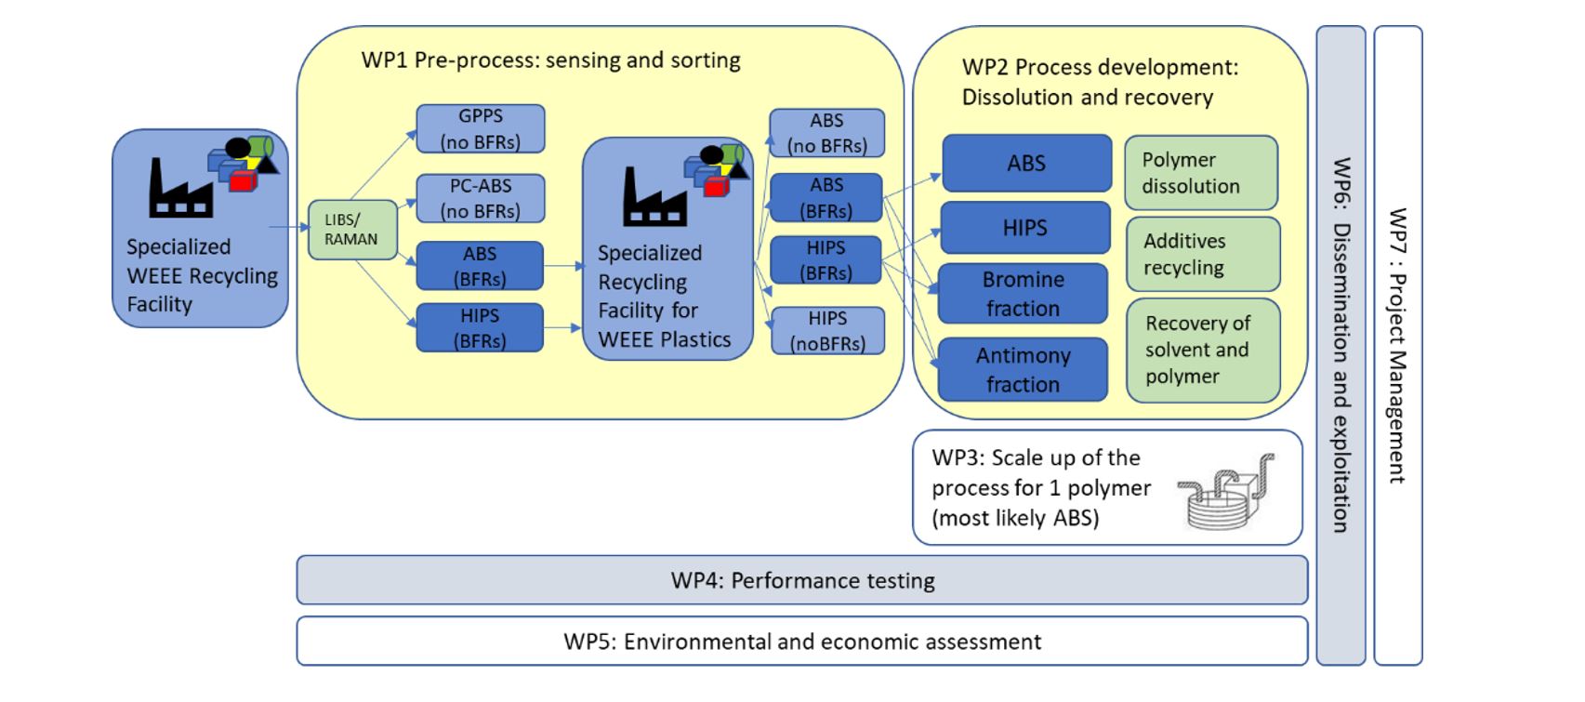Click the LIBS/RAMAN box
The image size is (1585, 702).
point(352,230)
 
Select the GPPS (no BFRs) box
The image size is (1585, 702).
point(481,129)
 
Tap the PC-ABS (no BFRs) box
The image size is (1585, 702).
point(481,198)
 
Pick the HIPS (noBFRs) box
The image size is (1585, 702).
point(827,330)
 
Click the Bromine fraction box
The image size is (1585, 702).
point(1024,294)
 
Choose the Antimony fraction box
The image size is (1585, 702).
point(1024,369)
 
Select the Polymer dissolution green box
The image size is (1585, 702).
point(1201,173)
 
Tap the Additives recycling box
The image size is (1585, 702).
point(1203,254)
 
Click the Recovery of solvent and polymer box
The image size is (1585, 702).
point(1203,351)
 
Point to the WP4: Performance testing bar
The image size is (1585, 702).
point(802,580)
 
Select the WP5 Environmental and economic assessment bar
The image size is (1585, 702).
point(802,642)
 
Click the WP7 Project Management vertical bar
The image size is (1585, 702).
point(1398,345)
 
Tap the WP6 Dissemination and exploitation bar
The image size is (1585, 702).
point(1341,345)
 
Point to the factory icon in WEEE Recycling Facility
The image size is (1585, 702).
point(180,188)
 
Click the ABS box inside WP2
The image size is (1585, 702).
point(1026,163)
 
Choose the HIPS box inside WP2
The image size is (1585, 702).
point(1025,228)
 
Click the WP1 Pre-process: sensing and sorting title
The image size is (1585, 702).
point(550,60)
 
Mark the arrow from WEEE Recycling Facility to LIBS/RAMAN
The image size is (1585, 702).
point(289,227)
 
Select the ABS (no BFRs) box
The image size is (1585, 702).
point(827,133)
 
